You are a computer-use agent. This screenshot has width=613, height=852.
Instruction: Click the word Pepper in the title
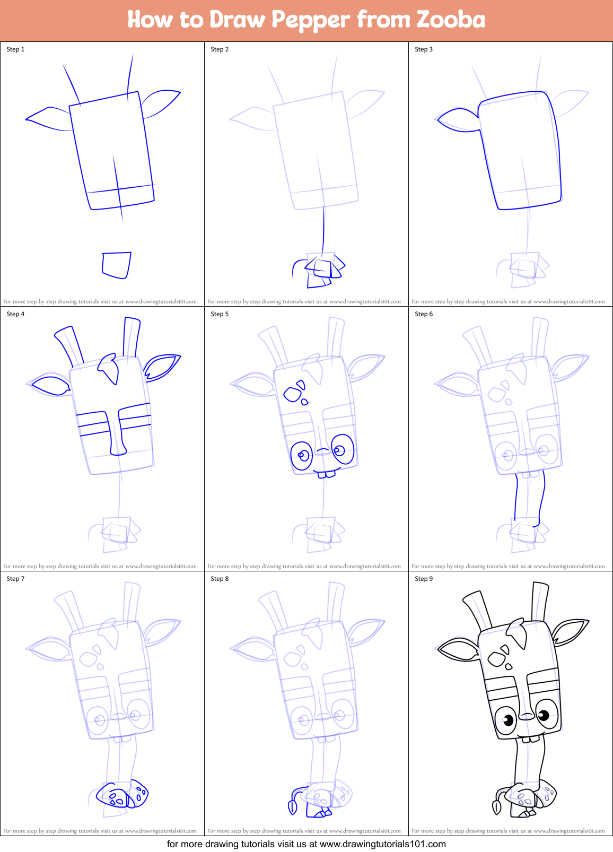(x=310, y=20)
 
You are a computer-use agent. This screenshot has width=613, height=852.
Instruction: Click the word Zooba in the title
(x=451, y=20)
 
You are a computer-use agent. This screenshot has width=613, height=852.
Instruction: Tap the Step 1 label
(x=15, y=49)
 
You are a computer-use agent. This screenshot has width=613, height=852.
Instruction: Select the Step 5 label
(x=220, y=314)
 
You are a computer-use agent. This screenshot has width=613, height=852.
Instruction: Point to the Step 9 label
(x=424, y=579)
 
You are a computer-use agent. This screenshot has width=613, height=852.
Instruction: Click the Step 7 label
(x=15, y=579)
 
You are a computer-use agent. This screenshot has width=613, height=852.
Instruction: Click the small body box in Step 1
(x=116, y=265)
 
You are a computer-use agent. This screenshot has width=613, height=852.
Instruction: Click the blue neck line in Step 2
(x=323, y=228)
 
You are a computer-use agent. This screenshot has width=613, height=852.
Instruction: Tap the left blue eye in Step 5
(x=302, y=456)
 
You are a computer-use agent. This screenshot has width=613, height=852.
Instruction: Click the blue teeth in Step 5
(x=326, y=474)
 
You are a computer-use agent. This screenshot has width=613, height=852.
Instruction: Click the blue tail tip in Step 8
(x=292, y=807)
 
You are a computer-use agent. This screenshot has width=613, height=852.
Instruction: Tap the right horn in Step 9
(x=539, y=602)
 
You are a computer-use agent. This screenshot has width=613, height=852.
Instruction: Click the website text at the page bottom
(x=306, y=844)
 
